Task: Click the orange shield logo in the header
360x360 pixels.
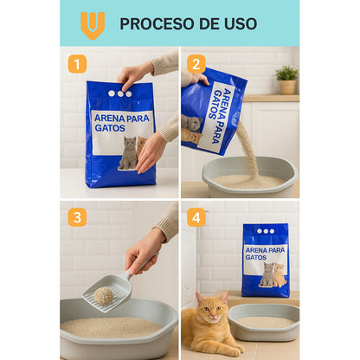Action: click(x=93, y=23)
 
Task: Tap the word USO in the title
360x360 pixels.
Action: click(x=239, y=23)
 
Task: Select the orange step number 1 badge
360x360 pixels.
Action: click(x=78, y=64)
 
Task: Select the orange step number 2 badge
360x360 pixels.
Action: click(x=196, y=64)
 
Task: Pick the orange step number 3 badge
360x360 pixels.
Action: click(x=78, y=217)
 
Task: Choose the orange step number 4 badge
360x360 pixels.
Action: click(x=196, y=217)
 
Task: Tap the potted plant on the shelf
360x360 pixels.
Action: click(x=286, y=79)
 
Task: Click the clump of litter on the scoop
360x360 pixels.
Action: click(x=104, y=296)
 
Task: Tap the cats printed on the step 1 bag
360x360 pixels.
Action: click(x=131, y=152)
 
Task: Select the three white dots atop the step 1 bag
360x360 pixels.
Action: click(x=119, y=93)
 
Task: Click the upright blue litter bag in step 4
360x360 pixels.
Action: click(x=266, y=260)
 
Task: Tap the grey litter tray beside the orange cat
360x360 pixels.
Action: click(x=265, y=321)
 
